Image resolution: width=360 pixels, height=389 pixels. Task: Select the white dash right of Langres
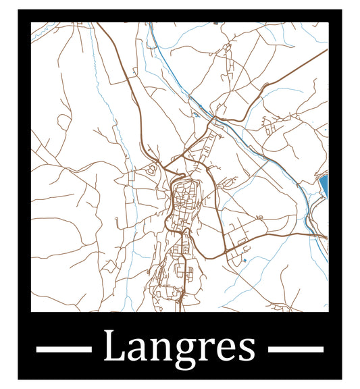click(296, 349)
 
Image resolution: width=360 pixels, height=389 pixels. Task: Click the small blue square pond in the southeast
click(244, 260)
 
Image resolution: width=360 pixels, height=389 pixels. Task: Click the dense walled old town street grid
click(182, 203)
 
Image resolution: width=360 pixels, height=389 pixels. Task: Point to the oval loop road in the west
click(63, 121)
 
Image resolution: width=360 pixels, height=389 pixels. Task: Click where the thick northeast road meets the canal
click(215, 120)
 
